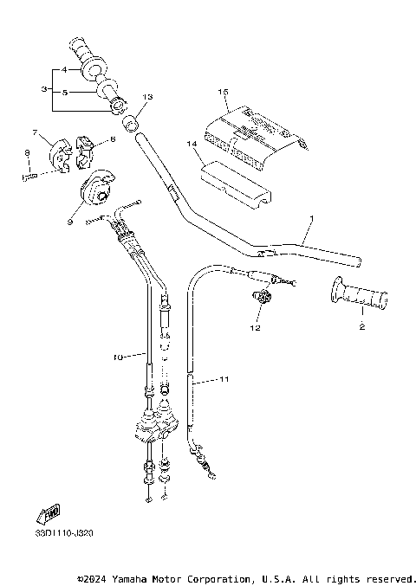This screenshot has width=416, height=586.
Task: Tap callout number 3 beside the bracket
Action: (x=44, y=88)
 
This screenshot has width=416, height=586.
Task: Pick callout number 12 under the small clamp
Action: (x=255, y=328)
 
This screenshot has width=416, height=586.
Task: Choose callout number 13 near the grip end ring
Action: (x=146, y=96)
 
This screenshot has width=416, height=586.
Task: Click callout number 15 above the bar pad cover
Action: (x=223, y=91)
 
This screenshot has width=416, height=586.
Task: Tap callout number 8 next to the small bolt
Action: (x=27, y=152)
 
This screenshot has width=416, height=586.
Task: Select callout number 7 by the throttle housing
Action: (x=36, y=132)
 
